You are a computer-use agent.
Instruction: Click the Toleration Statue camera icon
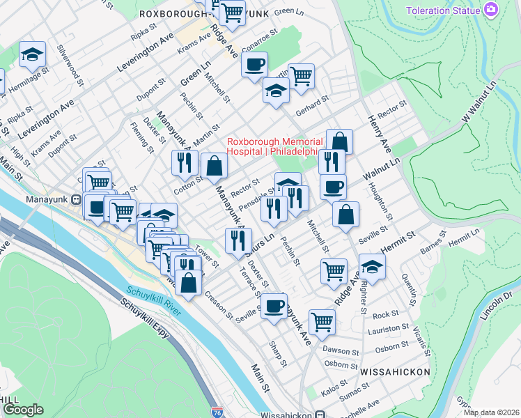coord(491,10)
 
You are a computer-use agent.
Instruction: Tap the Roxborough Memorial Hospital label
coord(273,146)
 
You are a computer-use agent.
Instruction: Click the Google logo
coord(23,410)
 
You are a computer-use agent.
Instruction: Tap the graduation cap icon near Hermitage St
coord(32,54)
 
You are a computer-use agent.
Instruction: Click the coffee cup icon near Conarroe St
coord(254,64)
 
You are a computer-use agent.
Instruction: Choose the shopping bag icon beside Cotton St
coord(214,166)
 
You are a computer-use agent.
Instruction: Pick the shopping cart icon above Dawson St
coord(321,321)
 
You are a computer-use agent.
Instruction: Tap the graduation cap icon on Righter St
coord(372,266)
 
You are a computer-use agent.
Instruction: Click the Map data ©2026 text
coord(491,412)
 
